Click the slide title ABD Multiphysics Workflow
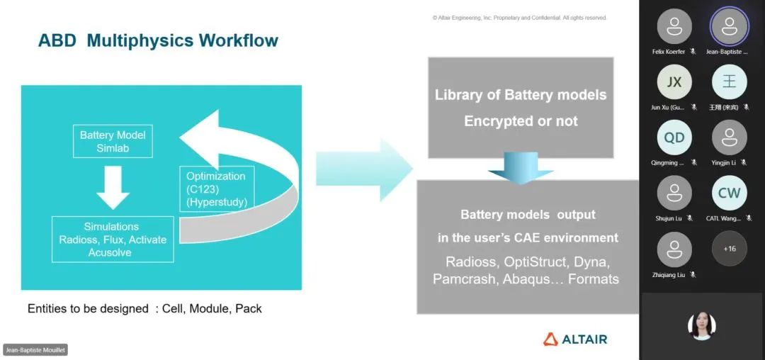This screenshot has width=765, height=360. (x=158, y=40)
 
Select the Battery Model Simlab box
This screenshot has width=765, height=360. (x=113, y=141)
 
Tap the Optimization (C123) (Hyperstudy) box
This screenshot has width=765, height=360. (x=216, y=189)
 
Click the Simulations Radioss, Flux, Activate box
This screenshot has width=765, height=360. (x=113, y=240)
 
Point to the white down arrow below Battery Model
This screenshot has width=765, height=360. (x=113, y=186)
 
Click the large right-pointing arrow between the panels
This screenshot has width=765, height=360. (x=364, y=171)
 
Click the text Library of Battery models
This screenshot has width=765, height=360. (x=521, y=94)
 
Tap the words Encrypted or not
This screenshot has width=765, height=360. (x=521, y=121)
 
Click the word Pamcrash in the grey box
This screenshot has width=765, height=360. (x=465, y=279)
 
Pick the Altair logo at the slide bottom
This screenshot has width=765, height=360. (x=575, y=339)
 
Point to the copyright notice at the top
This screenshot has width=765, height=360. (x=519, y=18)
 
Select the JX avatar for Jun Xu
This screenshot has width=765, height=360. (x=674, y=81)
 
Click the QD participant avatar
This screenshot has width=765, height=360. (x=674, y=137)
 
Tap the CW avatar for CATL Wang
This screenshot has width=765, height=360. (x=729, y=193)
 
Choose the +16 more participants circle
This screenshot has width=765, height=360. (x=729, y=249)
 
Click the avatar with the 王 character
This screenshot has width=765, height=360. (x=729, y=81)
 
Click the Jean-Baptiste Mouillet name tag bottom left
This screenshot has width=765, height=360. (x=35, y=350)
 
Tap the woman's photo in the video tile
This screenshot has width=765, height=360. (x=702, y=326)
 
